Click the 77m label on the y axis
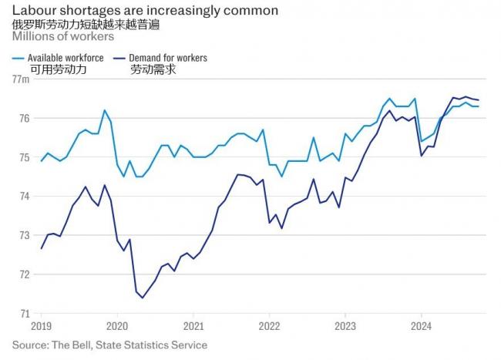pos(20,79)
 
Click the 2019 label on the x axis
pos(42,326)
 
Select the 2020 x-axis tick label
pos(117,326)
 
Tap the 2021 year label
pos(193,326)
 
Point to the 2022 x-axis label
pos(269,326)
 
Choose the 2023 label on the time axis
pos(345,326)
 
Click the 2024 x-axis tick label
pos(421,326)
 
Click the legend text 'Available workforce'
pos(66,58)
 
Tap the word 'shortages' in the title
pos(87,11)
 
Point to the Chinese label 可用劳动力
pos(58,70)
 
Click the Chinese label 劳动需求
pos(153,70)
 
